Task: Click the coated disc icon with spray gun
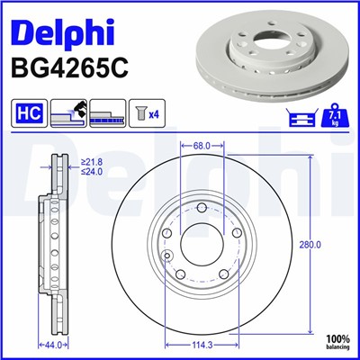click(69, 113)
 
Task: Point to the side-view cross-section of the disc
click(52, 243)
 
